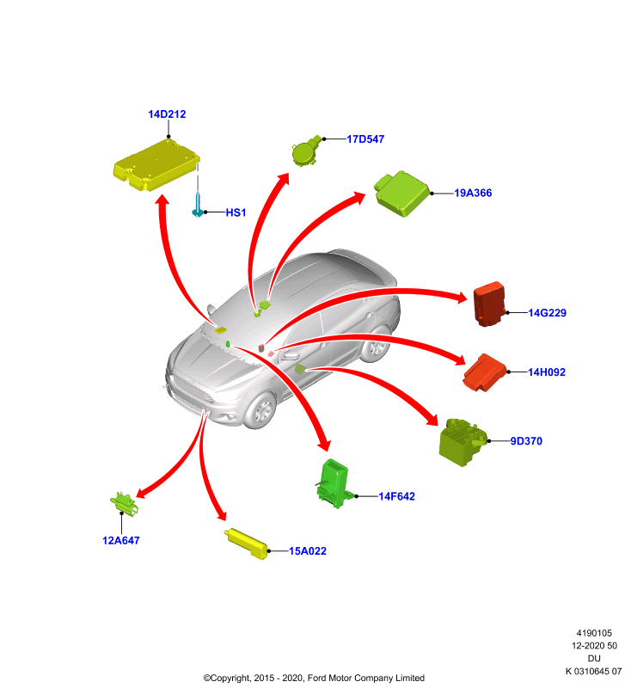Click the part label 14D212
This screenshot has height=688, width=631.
point(167,114)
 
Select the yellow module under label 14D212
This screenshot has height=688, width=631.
point(156,165)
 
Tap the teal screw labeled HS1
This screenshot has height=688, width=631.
point(198,206)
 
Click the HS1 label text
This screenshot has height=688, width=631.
point(236,212)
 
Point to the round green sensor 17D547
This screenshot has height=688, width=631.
point(306,151)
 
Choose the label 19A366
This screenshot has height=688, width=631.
point(473,193)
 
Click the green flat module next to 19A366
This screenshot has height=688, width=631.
point(401,193)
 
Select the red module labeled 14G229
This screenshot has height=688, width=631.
point(489,304)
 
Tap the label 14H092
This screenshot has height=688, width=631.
point(547,372)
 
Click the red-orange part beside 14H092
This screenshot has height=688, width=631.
point(484,372)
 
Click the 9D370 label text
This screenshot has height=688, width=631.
point(526,441)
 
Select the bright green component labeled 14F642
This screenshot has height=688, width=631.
point(334,483)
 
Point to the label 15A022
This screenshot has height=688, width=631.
point(308,551)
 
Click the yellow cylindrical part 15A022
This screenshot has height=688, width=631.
point(246,544)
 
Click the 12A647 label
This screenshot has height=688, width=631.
point(120,541)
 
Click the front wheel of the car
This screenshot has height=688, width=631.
point(262,410)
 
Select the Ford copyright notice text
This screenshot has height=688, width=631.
point(314,678)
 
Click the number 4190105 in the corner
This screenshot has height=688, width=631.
point(594,633)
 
